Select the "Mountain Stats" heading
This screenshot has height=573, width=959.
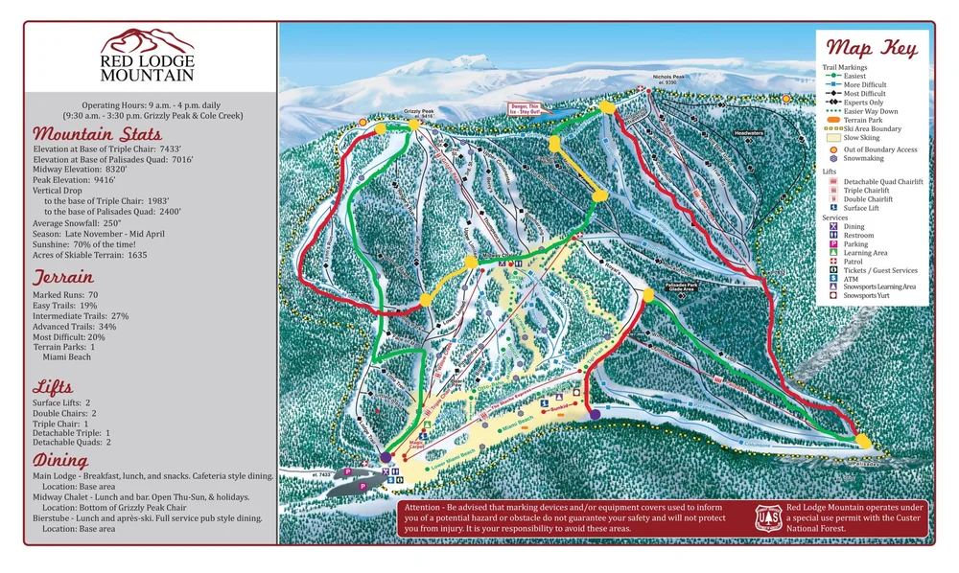pyautogui.click(x=97, y=134)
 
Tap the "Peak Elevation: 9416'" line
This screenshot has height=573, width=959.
pyautogui.click(x=75, y=179)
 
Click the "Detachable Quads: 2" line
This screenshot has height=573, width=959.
pyautogui.click(x=72, y=442)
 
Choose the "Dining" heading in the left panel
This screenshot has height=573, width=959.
pyautogui.click(x=62, y=461)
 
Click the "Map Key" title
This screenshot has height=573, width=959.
pyautogui.click(x=871, y=48)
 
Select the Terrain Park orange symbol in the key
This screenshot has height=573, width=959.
pyautogui.click(x=831, y=119)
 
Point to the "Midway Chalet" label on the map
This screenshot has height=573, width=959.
pyautogui.click(x=495, y=256)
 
